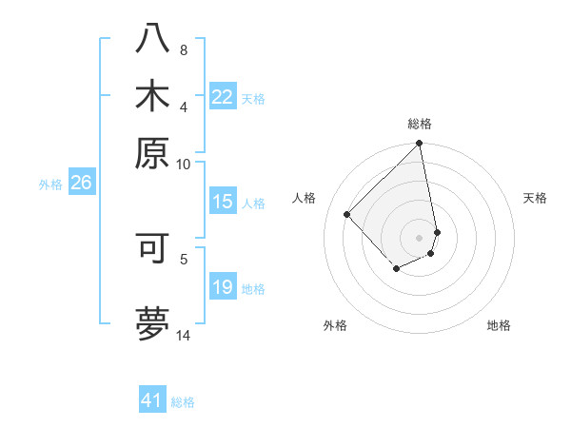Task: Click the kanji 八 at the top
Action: click(x=152, y=38)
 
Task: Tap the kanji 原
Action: click(x=152, y=152)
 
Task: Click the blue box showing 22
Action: click(x=223, y=97)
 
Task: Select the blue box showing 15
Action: click(x=223, y=202)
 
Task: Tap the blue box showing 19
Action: click(x=223, y=287)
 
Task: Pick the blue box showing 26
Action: click(x=81, y=183)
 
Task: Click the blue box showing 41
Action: click(x=152, y=400)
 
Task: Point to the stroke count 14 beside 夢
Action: click(x=184, y=335)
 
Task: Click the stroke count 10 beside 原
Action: click(x=184, y=164)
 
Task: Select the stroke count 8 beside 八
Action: click(x=184, y=49)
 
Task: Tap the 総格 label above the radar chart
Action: click(x=420, y=124)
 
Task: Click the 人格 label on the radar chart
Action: click(x=305, y=198)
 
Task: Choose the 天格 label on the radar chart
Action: click(x=535, y=198)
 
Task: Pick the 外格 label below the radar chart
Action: click(x=335, y=325)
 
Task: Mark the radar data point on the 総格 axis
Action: click(x=420, y=145)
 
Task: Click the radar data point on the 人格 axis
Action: click(x=347, y=214)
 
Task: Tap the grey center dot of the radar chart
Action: click(x=420, y=237)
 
